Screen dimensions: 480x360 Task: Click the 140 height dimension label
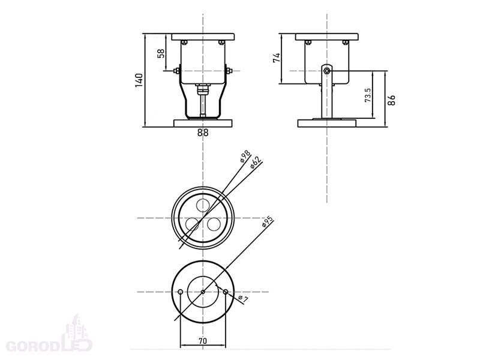[x=139, y=80]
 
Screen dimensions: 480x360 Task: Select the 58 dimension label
[x=161, y=53]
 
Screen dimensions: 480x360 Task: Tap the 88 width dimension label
[x=203, y=133]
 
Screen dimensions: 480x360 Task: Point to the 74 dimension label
[x=277, y=58]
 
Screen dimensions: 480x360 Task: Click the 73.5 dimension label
[x=368, y=95]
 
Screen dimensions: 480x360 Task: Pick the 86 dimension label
[x=391, y=100]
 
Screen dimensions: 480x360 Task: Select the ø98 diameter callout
[x=245, y=156]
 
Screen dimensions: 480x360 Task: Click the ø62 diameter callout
[x=255, y=162]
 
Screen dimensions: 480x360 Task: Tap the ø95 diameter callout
[x=267, y=221]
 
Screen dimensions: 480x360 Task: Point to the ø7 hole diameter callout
[x=243, y=298]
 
